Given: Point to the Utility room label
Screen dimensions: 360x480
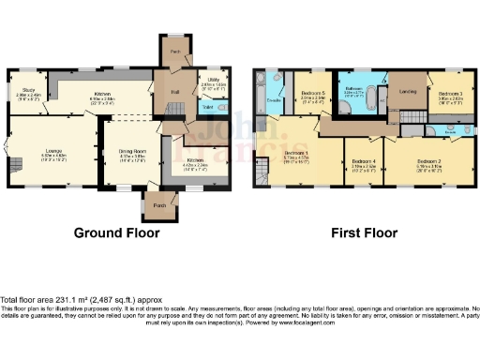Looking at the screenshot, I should [x=212, y=82].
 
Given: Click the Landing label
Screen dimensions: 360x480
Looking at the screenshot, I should [x=408, y=91].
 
